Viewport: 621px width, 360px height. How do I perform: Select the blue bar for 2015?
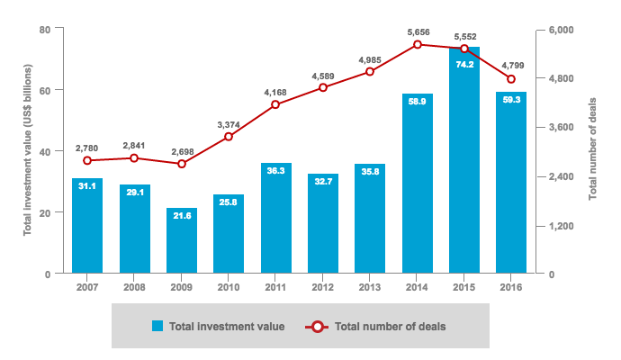point(463,162)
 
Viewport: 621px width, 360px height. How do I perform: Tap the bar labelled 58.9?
point(417,184)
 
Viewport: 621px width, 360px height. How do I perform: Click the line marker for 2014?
point(417,44)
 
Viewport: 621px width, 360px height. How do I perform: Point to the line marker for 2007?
point(87,160)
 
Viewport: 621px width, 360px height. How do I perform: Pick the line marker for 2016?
point(511,79)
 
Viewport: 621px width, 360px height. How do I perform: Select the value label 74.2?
point(463,65)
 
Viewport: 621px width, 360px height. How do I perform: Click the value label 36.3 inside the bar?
point(275,169)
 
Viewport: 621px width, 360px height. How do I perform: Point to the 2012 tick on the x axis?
point(322,288)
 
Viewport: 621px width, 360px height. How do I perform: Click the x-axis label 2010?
point(229,288)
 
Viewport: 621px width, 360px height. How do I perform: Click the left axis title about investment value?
point(28,151)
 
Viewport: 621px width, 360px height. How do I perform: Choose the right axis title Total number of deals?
point(593,151)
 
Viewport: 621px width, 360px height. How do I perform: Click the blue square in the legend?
point(157,326)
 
